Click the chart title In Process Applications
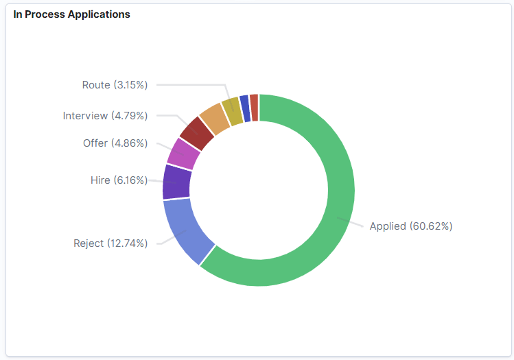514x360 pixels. (x=71, y=14)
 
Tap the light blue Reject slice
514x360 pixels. (x=184, y=229)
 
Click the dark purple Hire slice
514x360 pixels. (x=177, y=182)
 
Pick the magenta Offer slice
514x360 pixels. (x=183, y=153)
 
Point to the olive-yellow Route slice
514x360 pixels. (x=232, y=110)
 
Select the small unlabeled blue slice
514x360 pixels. (x=244, y=108)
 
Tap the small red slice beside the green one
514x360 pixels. (x=254, y=107)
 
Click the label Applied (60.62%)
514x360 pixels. (x=410, y=226)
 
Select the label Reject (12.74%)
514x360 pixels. (x=110, y=243)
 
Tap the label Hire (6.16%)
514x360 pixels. (x=119, y=180)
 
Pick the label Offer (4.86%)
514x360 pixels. (x=115, y=143)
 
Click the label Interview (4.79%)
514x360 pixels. (x=105, y=115)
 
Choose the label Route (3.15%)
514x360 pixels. (x=115, y=85)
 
